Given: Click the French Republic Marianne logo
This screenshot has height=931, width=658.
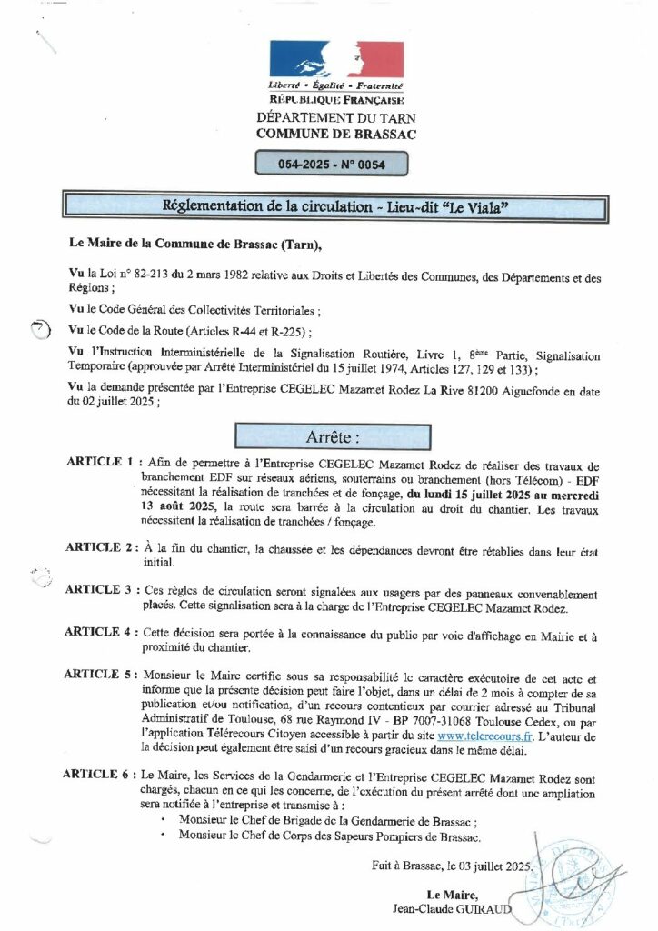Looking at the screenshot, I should [x=336, y=60].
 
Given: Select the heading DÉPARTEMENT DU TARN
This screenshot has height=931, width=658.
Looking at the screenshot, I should [x=336, y=118].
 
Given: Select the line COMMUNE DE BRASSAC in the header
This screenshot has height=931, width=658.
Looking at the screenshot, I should [x=336, y=134].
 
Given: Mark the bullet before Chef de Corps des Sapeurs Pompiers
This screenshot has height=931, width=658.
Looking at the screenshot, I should [x=162, y=835].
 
